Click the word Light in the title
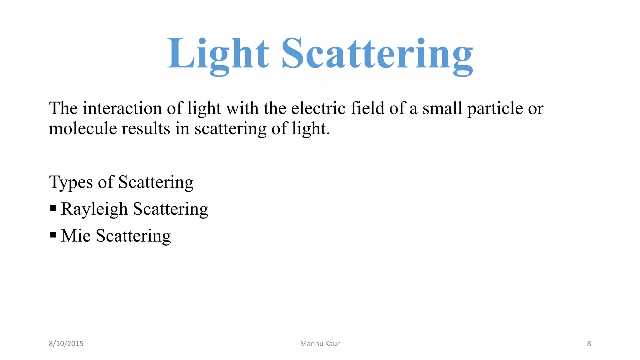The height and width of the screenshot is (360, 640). (218, 54)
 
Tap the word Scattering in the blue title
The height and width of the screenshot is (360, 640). (377, 54)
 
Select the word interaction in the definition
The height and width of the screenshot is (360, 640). (122, 108)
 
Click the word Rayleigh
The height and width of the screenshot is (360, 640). (94, 209)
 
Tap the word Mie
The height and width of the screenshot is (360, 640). (76, 236)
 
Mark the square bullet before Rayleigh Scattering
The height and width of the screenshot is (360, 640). (53, 208)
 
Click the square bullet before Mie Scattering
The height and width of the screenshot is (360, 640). (53, 234)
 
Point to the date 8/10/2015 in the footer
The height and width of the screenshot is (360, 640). (66, 344)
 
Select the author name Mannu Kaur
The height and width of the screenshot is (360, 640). (320, 344)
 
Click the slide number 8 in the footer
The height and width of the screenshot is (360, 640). (589, 344)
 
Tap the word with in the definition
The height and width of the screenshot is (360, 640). (242, 108)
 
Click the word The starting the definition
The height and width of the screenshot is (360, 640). (63, 108)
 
